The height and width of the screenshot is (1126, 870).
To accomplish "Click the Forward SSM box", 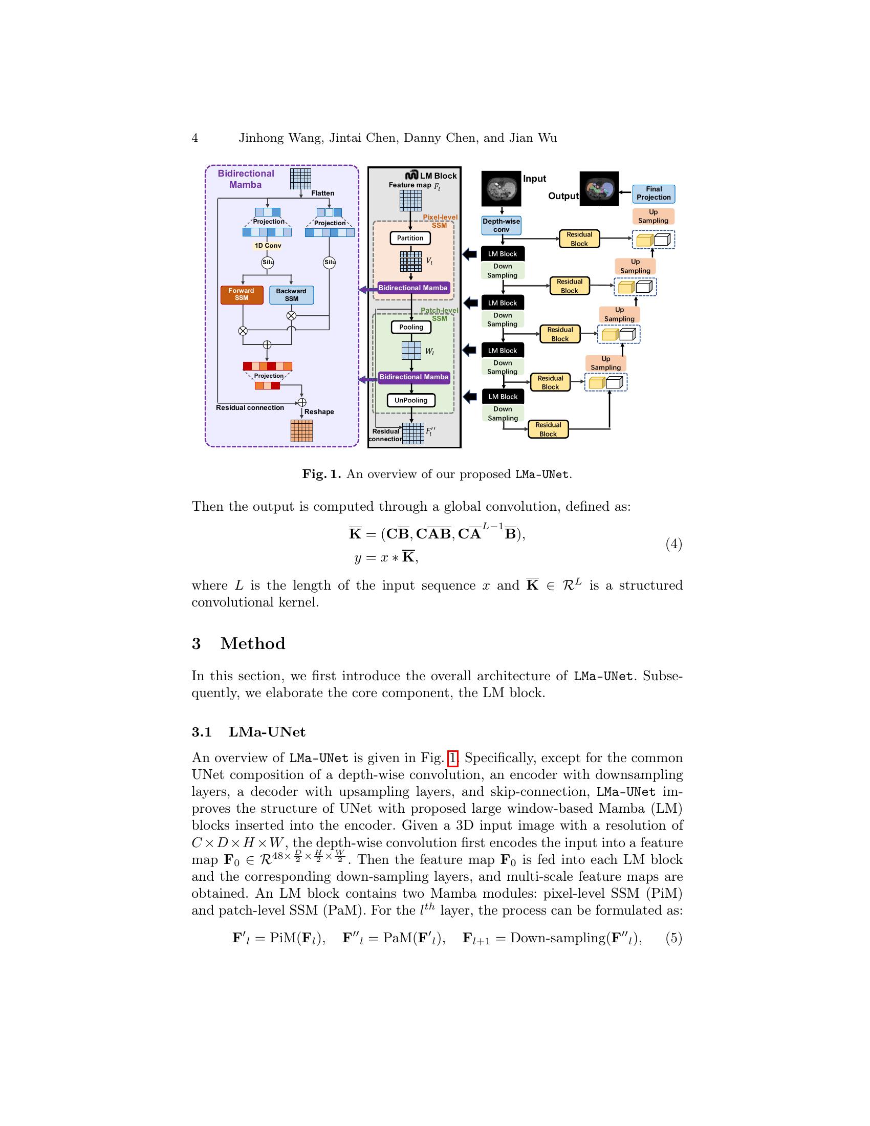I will coord(242,295).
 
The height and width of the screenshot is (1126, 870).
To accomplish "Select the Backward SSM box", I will coord(291,295).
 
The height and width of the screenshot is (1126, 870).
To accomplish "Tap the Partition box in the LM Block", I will coord(410,238).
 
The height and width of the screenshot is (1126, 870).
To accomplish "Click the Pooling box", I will coord(411,328).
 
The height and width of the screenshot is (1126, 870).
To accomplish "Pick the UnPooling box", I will coord(411,401).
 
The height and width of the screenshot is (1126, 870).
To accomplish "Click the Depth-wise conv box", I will coord(502,225).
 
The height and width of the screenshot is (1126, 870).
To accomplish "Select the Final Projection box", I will coord(654,193).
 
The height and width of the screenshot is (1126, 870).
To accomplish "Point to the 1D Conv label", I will coord(268,245).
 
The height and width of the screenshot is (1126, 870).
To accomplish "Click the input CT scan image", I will coord(501,189).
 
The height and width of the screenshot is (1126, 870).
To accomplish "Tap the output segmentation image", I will coord(599,189).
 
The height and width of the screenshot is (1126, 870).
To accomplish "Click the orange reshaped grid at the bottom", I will coord(301,431).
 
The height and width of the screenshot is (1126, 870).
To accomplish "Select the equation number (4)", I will coord(673,544).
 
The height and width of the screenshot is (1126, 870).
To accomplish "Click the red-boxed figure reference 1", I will coord(452,759).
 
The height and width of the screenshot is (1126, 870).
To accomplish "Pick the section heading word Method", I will coord(252,644).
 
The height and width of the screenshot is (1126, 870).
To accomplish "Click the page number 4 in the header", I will coord(195,138).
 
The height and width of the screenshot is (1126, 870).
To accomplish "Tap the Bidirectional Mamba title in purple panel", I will coord(246,179).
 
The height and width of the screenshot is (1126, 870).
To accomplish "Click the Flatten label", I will coord(322,193).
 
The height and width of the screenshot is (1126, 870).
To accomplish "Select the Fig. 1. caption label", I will coord(321,474).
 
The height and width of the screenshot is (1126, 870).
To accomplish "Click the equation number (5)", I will coord(673,938).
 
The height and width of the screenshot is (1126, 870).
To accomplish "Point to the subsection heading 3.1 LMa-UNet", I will coord(248,732).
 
